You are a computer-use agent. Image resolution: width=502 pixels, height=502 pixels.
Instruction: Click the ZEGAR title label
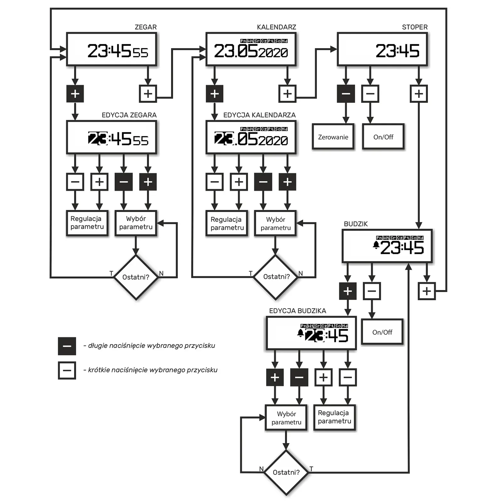tap(146, 27)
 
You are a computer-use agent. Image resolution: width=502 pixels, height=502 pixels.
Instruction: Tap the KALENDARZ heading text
tap(276, 27)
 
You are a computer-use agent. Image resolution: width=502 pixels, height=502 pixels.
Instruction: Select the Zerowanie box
tap(333, 137)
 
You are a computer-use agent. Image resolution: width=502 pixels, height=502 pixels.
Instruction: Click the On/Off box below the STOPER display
tap(383, 137)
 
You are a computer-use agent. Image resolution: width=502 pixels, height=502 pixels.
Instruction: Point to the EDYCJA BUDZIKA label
tap(297, 311)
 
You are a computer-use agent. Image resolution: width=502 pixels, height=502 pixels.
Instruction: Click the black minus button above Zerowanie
tap(346, 93)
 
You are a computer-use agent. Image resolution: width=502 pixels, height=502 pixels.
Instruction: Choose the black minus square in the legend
tap(67, 346)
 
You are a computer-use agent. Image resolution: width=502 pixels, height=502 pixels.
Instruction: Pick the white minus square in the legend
tap(67, 371)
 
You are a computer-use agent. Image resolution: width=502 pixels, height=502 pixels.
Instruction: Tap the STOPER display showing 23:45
tap(382, 50)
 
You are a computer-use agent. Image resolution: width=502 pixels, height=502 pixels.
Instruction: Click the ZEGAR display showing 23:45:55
tap(111, 50)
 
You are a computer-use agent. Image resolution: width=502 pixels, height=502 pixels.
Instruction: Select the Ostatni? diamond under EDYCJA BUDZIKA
tap(286, 472)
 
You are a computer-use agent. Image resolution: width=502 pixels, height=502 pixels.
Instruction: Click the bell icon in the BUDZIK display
tap(376, 245)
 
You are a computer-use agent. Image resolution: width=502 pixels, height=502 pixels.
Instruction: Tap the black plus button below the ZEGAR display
tap(75, 93)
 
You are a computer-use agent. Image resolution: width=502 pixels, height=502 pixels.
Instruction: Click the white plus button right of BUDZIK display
tap(427, 291)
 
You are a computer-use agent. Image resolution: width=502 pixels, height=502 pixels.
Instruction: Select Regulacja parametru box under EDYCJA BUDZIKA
tap(334, 417)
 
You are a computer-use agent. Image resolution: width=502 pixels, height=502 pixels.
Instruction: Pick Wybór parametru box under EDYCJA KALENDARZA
tap(275, 223)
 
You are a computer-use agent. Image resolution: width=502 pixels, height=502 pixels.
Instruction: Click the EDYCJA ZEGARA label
tap(129, 115)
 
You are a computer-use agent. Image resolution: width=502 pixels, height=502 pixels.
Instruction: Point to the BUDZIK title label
tap(355, 224)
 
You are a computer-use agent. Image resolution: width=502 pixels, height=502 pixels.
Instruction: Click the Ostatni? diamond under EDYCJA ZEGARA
tap(136, 277)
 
